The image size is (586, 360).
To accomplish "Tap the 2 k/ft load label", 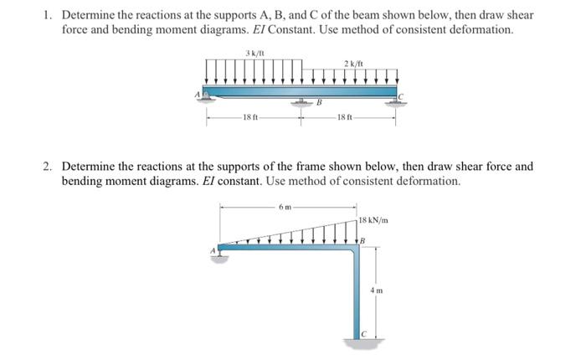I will coord(352,64).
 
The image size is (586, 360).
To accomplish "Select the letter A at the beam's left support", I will coord(198,94).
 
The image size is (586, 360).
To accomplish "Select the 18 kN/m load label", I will coord(372,220).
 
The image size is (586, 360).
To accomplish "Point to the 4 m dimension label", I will coord(377,290).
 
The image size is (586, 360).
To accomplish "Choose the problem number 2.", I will coord(49,166).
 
